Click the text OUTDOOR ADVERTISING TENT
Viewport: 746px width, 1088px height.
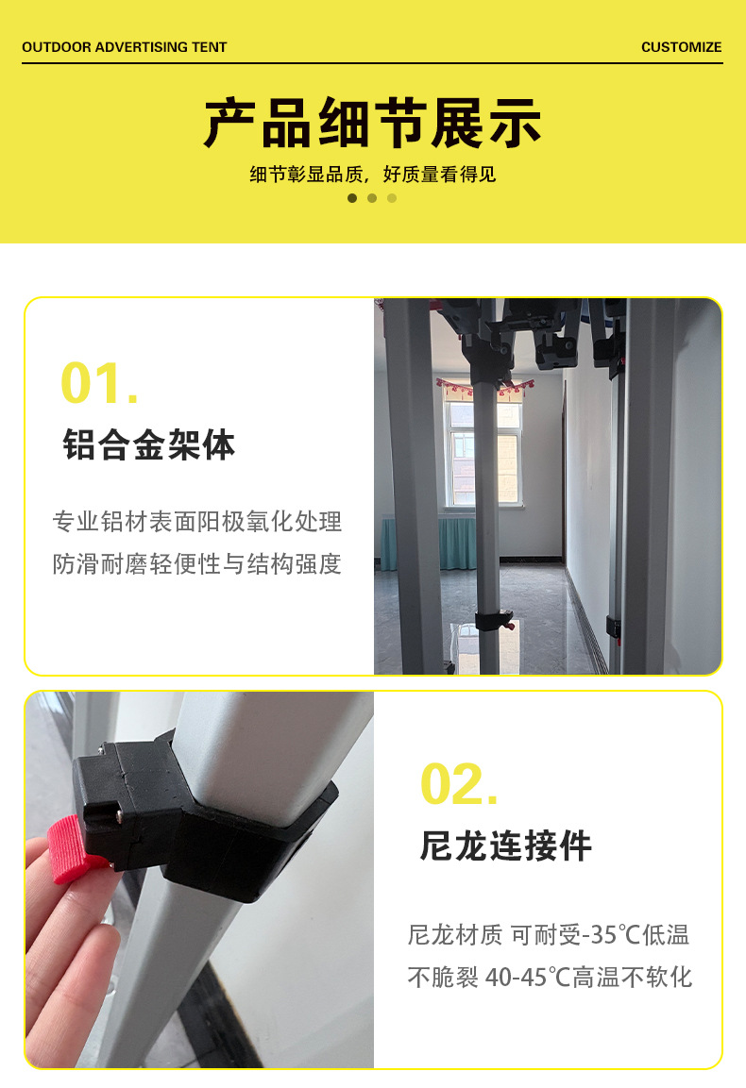[x=125, y=47]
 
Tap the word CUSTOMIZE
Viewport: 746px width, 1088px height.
[x=681, y=47]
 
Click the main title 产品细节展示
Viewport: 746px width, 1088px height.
[x=372, y=123]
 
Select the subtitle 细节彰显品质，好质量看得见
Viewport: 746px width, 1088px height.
[x=372, y=175]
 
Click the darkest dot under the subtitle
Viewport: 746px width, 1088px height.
[x=352, y=198]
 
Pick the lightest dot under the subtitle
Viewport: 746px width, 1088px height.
[x=392, y=198]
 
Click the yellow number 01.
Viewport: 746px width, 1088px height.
[x=99, y=383]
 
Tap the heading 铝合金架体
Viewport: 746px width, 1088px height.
[x=148, y=444]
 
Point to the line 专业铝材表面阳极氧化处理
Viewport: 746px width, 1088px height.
[x=197, y=522]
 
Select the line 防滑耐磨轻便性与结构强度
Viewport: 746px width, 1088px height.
[x=197, y=563]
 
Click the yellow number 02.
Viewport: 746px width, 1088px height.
[x=459, y=784]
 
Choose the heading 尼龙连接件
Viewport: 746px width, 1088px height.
[x=505, y=845]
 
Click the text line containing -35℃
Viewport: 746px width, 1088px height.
[x=548, y=934]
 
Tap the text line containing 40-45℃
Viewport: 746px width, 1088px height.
[x=550, y=977]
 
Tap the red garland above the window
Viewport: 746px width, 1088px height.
[x=484, y=387]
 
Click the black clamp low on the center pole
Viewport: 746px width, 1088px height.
[x=494, y=620]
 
